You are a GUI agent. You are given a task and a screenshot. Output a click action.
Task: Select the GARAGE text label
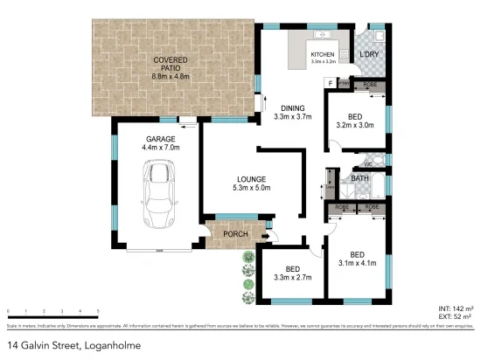[161, 138]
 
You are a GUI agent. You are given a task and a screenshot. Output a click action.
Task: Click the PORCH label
[235, 234]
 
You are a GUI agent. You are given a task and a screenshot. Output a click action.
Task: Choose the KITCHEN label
[323, 55]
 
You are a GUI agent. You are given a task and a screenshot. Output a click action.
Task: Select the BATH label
[359, 180]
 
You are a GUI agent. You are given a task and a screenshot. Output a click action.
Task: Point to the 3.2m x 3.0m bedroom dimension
[354, 125]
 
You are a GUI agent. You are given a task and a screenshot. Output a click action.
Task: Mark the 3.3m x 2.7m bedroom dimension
[287, 279]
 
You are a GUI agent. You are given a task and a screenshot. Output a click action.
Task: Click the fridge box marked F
[331, 82]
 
